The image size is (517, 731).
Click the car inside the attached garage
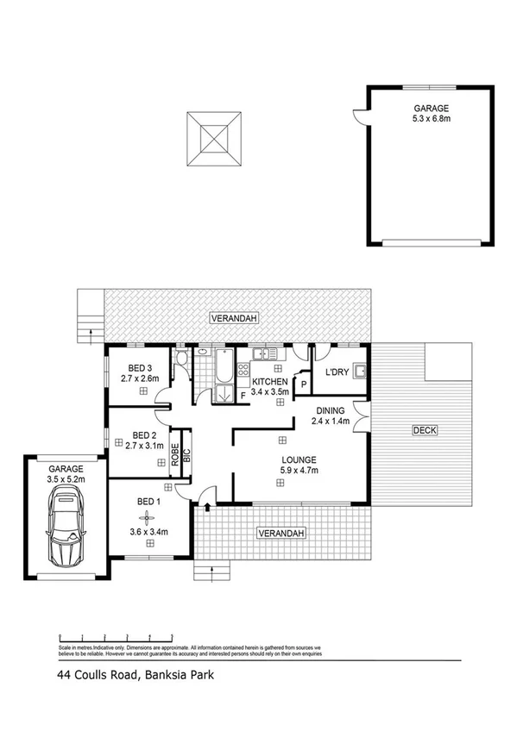point(66,525)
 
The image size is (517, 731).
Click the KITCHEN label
point(269,381)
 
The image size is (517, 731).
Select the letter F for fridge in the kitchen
point(243,395)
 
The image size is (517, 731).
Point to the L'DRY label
point(337,372)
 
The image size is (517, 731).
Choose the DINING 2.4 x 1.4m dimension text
point(331,422)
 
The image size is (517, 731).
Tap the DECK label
point(423,430)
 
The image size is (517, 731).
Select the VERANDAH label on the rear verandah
point(234,320)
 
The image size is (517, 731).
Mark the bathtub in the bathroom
point(223,366)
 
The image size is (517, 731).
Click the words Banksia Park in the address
point(179,677)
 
